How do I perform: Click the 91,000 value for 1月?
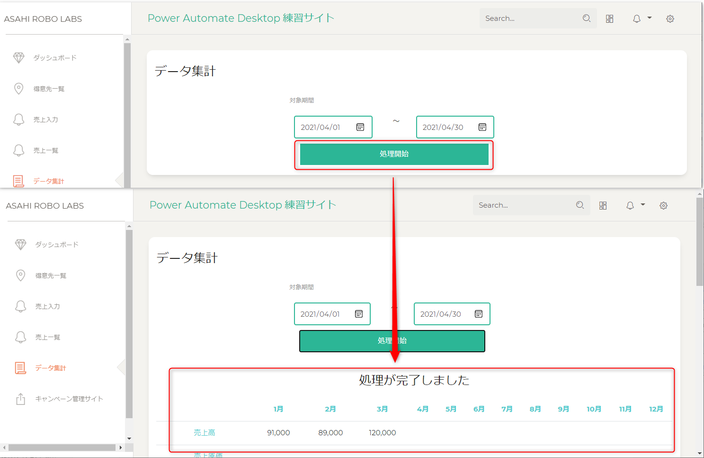coord(278,432)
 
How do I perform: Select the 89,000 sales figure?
coord(330,432)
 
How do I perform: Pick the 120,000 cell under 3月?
coord(382,432)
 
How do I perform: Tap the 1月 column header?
coord(278,409)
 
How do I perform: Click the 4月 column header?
coord(422,409)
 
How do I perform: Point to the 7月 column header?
coord(507,409)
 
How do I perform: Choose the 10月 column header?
coord(594,409)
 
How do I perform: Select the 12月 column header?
coord(656,409)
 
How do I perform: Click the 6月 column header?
coord(479,409)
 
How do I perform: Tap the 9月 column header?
coord(563,409)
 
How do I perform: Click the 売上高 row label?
coord(204,432)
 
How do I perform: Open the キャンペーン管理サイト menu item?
coord(69,399)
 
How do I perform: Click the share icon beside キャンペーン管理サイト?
coord(21,399)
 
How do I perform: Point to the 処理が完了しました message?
coord(414,380)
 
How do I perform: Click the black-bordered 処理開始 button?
coord(392,341)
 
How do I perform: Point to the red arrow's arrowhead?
coord(395,362)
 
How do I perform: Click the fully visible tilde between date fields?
coord(396,121)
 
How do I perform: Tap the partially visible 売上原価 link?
coord(208,455)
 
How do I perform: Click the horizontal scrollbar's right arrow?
coord(121,447)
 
